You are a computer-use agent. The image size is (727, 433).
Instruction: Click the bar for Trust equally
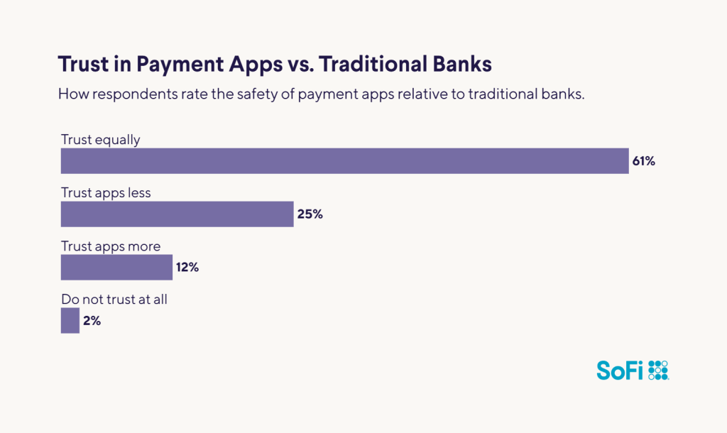point(344,161)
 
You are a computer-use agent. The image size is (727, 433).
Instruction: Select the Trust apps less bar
point(177,214)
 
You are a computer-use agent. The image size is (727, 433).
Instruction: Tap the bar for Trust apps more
point(116,268)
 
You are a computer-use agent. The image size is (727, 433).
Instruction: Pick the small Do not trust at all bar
point(70,320)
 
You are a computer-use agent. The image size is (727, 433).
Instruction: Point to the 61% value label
point(643,161)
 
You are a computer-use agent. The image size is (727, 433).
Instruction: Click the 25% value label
point(310,214)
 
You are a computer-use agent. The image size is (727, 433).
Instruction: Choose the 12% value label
point(187,268)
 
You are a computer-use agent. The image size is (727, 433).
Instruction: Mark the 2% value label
point(92,321)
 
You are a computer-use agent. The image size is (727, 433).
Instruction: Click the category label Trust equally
point(101,140)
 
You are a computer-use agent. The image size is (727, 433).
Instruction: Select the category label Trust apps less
point(106,192)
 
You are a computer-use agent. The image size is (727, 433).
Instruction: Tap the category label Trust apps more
point(111,246)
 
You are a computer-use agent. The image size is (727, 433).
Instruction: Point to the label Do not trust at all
point(114,300)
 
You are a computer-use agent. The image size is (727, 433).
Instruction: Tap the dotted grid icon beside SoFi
point(658,370)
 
